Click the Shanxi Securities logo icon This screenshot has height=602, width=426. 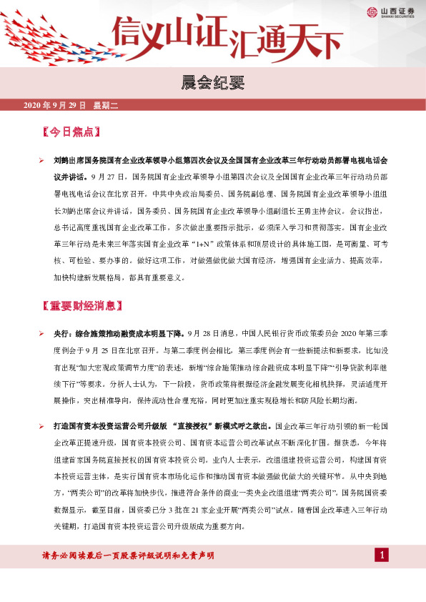point(372,11)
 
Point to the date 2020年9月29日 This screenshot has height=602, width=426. point(55,106)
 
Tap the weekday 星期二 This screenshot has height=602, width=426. point(105,106)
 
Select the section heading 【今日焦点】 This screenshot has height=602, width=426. point(71,132)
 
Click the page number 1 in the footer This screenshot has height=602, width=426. point(382,556)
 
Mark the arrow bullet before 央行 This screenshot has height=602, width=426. point(43,334)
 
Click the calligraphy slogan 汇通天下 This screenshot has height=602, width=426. point(286,41)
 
